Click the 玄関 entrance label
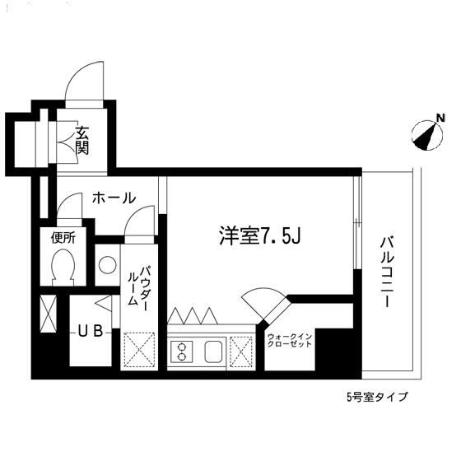tap(83, 141)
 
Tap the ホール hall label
tap(113, 198)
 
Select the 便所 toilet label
tap(63, 239)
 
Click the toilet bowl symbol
tap(63, 267)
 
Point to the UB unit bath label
tap(90, 332)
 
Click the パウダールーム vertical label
tap(137, 286)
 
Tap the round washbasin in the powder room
tap(106, 265)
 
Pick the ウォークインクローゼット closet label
tap(289, 341)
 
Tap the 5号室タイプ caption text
tap(376, 396)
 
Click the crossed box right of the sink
tap(243, 352)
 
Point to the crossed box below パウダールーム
tap(138, 350)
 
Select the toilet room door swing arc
tap(71, 207)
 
